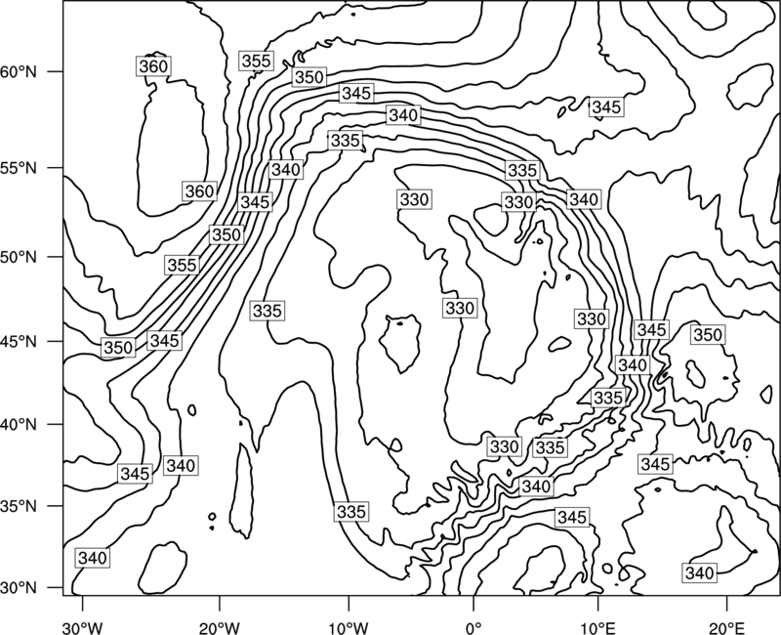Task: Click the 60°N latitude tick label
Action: point(19,72)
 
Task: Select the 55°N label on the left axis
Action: point(19,168)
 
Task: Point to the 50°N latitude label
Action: point(19,257)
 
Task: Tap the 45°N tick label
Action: point(19,341)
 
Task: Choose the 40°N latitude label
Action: point(19,425)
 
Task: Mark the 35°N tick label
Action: point(19,506)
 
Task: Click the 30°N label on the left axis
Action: point(19,588)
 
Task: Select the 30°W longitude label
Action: point(83,628)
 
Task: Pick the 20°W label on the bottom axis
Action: point(219,628)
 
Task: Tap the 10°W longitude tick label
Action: point(348,628)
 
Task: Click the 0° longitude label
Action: point(473,628)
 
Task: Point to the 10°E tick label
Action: point(597,628)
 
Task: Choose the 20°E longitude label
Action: point(726,628)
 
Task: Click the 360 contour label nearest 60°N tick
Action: point(153,66)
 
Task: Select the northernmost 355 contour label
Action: point(256,61)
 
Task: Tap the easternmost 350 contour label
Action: point(707,335)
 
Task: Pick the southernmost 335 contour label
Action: point(351,512)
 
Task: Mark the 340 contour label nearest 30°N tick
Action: point(93,558)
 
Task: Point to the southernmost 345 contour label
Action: point(572,518)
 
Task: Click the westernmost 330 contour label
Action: point(414,200)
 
